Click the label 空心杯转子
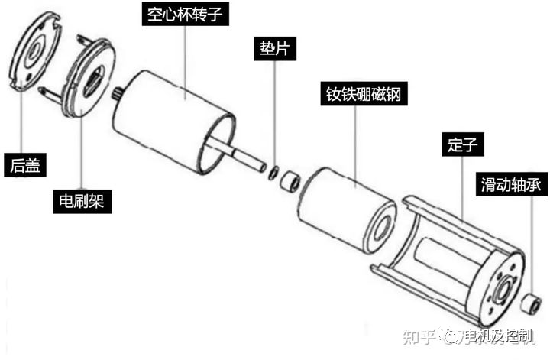tap(185, 14)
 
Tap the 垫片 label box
tap(275, 48)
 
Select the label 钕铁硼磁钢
tap(364, 94)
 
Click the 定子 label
tap(463, 144)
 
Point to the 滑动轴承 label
tap(511, 184)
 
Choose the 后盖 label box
tap(25, 165)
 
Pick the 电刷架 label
tap(82, 202)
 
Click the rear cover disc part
tap(34, 52)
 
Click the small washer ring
tap(273, 173)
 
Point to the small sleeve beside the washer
tap(290, 180)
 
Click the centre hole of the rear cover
tap(34, 52)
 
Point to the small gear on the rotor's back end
tap(116, 93)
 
